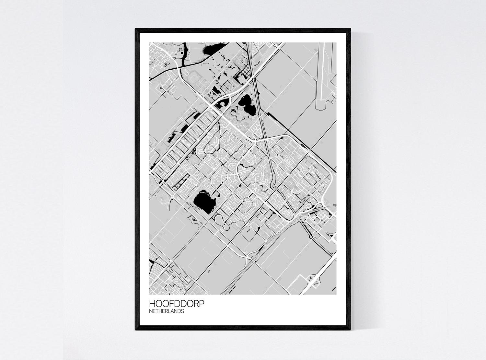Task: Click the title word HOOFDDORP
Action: point(177,304)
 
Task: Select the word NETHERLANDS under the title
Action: point(167,311)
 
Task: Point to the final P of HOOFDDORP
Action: point(202,304)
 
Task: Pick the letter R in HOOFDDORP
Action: point(196,304)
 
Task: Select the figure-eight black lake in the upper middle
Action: point(246,106)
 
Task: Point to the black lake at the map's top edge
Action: point(211,49)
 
